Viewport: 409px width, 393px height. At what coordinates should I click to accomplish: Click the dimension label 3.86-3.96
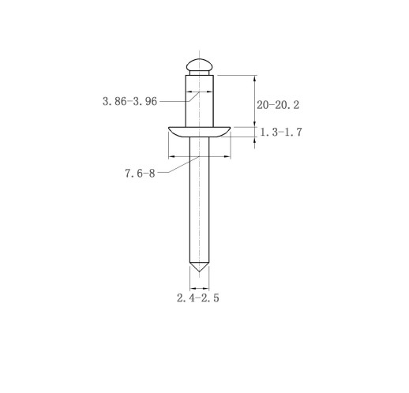pyautogui.click(x=129, y=101)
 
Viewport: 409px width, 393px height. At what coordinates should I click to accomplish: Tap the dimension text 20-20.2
pyautogui.click(x=278, y=105)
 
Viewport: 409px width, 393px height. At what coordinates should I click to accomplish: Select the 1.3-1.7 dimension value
pyautogui.click(x=281, y=132)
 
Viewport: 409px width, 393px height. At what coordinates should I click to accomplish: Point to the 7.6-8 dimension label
pyautogui.click(x=140, y=174)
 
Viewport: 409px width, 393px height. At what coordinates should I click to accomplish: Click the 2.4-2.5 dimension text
pyautogui.click(x=198, y=298)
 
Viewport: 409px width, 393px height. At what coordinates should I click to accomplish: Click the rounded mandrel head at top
pyautogui.click(x=199, y=65)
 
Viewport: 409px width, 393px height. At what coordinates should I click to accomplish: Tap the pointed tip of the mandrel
pyautogui.click(x=199, y=271)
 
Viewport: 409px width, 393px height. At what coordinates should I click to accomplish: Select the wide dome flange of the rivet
pyautogui.click(x=199, y=132)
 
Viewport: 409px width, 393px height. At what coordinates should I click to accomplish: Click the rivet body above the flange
pyautogui.click(x=199, y=101)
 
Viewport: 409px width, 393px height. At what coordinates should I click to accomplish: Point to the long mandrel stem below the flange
pyautogui.click(x=199, y=200)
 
